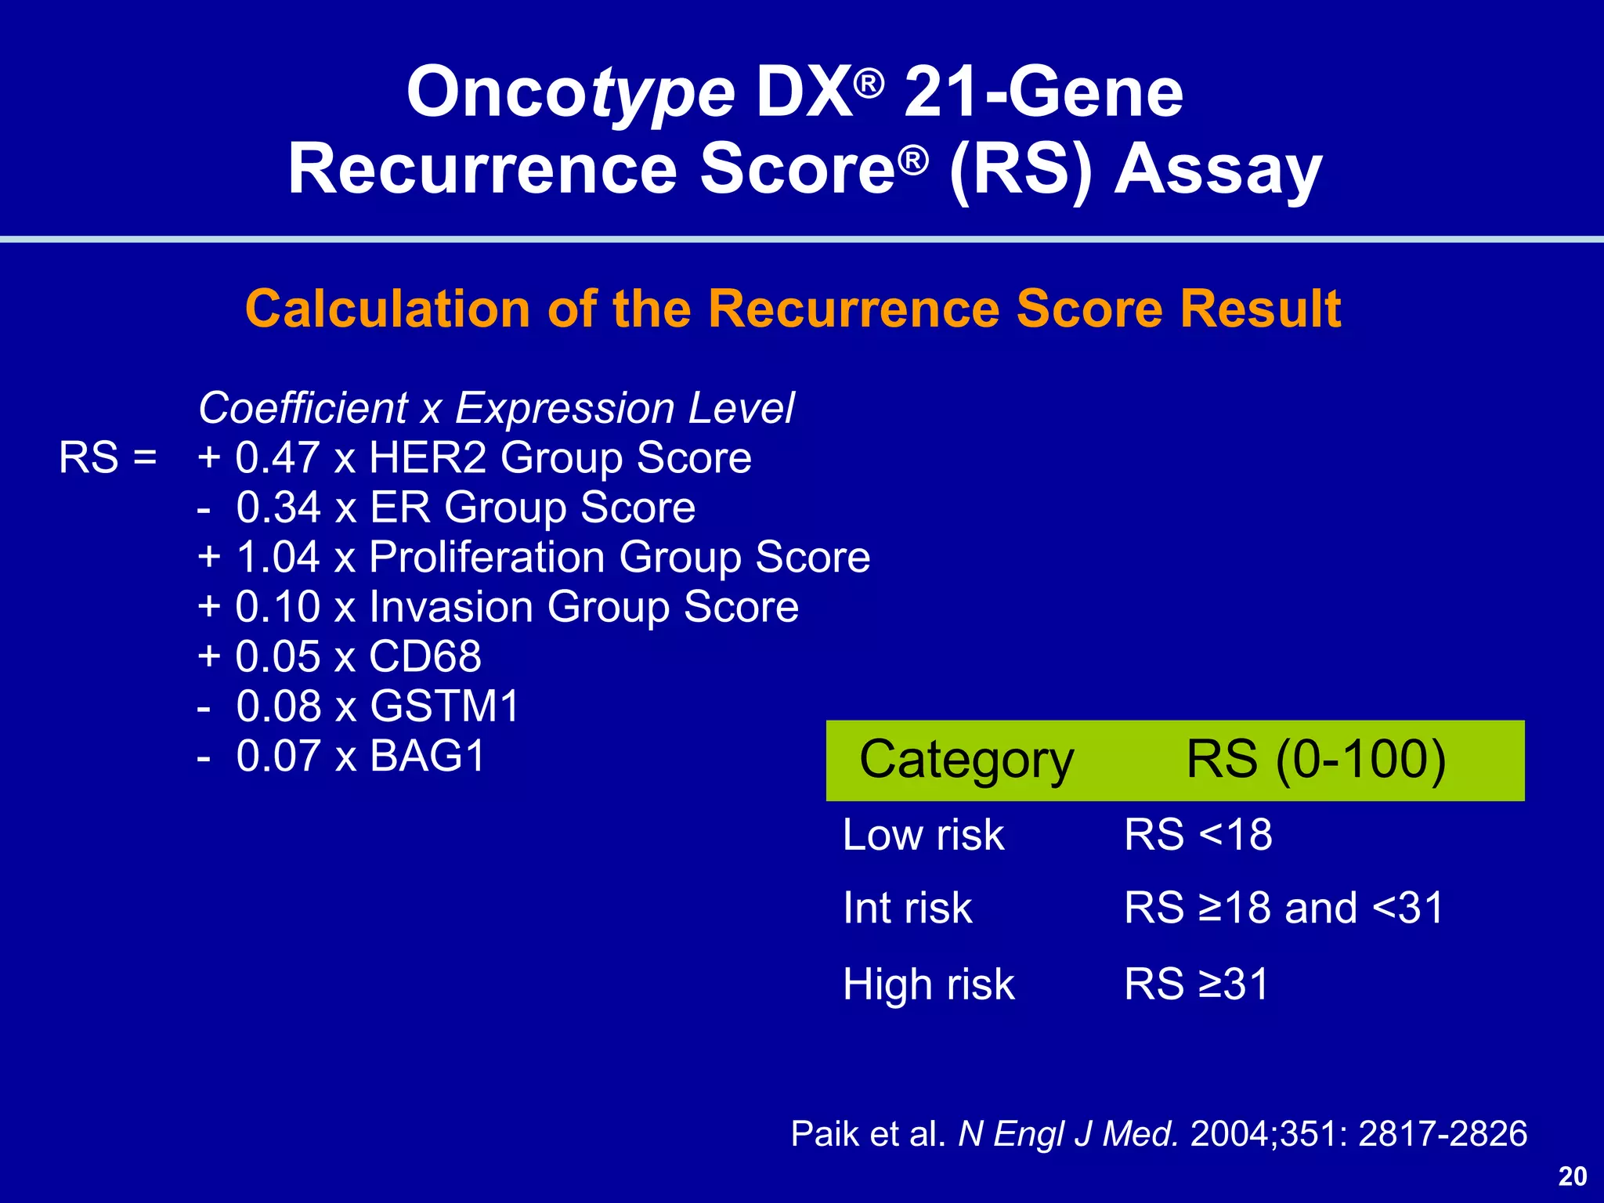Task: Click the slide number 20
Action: click(1573, 1176)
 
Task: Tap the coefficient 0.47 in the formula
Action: click(277, 457)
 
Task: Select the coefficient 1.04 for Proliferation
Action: click(278, 557)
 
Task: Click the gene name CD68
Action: click(425, 656)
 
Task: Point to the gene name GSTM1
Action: click(445, 706)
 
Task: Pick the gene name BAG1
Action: click(428, 756)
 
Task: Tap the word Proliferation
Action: click(486, 557)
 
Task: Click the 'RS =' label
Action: click(108, 457)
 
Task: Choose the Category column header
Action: click(966, 760)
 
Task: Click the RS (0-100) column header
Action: click(1316, 759)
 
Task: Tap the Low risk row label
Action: click(923, 835)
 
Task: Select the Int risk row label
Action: click(907, 909)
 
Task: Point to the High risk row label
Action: click(928, 984)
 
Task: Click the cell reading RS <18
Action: click(1198, 835)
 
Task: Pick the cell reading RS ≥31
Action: click(1196, 984)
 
